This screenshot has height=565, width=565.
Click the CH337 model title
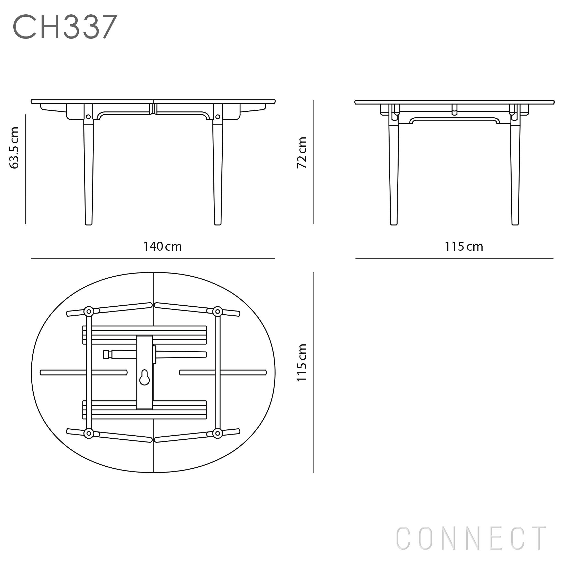65,27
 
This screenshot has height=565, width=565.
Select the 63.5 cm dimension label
14,148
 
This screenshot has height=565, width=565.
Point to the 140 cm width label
162,247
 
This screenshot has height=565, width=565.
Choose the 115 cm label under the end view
464,247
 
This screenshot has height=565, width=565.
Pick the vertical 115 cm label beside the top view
302,363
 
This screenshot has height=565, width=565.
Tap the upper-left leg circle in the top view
89,312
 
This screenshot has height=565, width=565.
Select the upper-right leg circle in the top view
218,312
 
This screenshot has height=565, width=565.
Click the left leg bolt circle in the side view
88,117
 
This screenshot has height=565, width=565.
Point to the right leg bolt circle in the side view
218,117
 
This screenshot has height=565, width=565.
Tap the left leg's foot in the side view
89,223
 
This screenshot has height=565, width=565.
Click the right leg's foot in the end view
515,223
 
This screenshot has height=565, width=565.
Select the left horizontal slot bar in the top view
84,372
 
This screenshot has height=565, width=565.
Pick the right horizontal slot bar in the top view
223,372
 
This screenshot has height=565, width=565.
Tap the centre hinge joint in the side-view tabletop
153,108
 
